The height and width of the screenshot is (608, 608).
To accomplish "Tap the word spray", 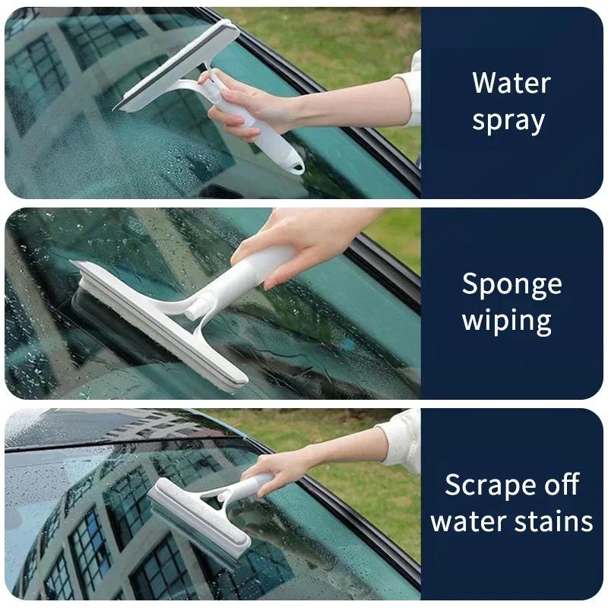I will (x=508, y=122).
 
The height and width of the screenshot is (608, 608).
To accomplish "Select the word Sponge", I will (x=511, y=285).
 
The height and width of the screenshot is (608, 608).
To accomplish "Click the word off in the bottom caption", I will (x=560, y=484).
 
